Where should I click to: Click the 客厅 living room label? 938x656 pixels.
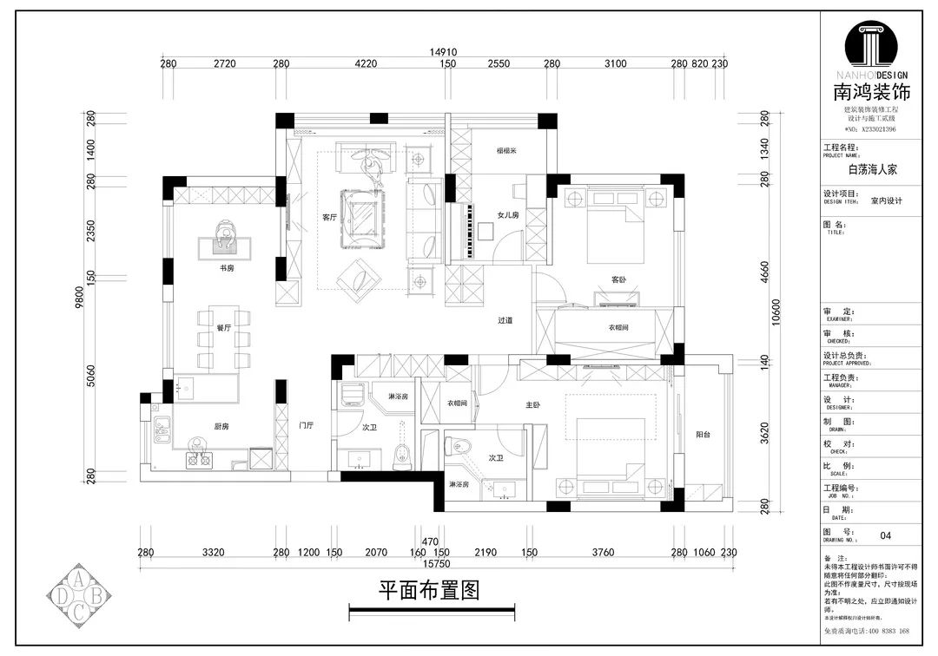pos(328,218)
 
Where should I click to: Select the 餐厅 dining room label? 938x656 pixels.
pos(224,328)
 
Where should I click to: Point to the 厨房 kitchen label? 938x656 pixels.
pos(222,426)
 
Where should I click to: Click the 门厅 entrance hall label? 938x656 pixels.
pos(306,426)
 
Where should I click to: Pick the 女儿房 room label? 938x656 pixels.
pos(508,214)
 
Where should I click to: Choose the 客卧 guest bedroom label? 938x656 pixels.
pos(618,279)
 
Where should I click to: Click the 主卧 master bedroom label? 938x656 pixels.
pos(532,405)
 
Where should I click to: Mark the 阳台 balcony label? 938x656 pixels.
pos(703,435)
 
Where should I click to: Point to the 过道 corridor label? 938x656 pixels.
pos(505,320)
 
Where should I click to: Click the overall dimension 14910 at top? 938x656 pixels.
pos(442,52)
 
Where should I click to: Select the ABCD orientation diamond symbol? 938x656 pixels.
pos(78,595)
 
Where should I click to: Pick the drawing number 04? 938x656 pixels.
pos(886,535)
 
